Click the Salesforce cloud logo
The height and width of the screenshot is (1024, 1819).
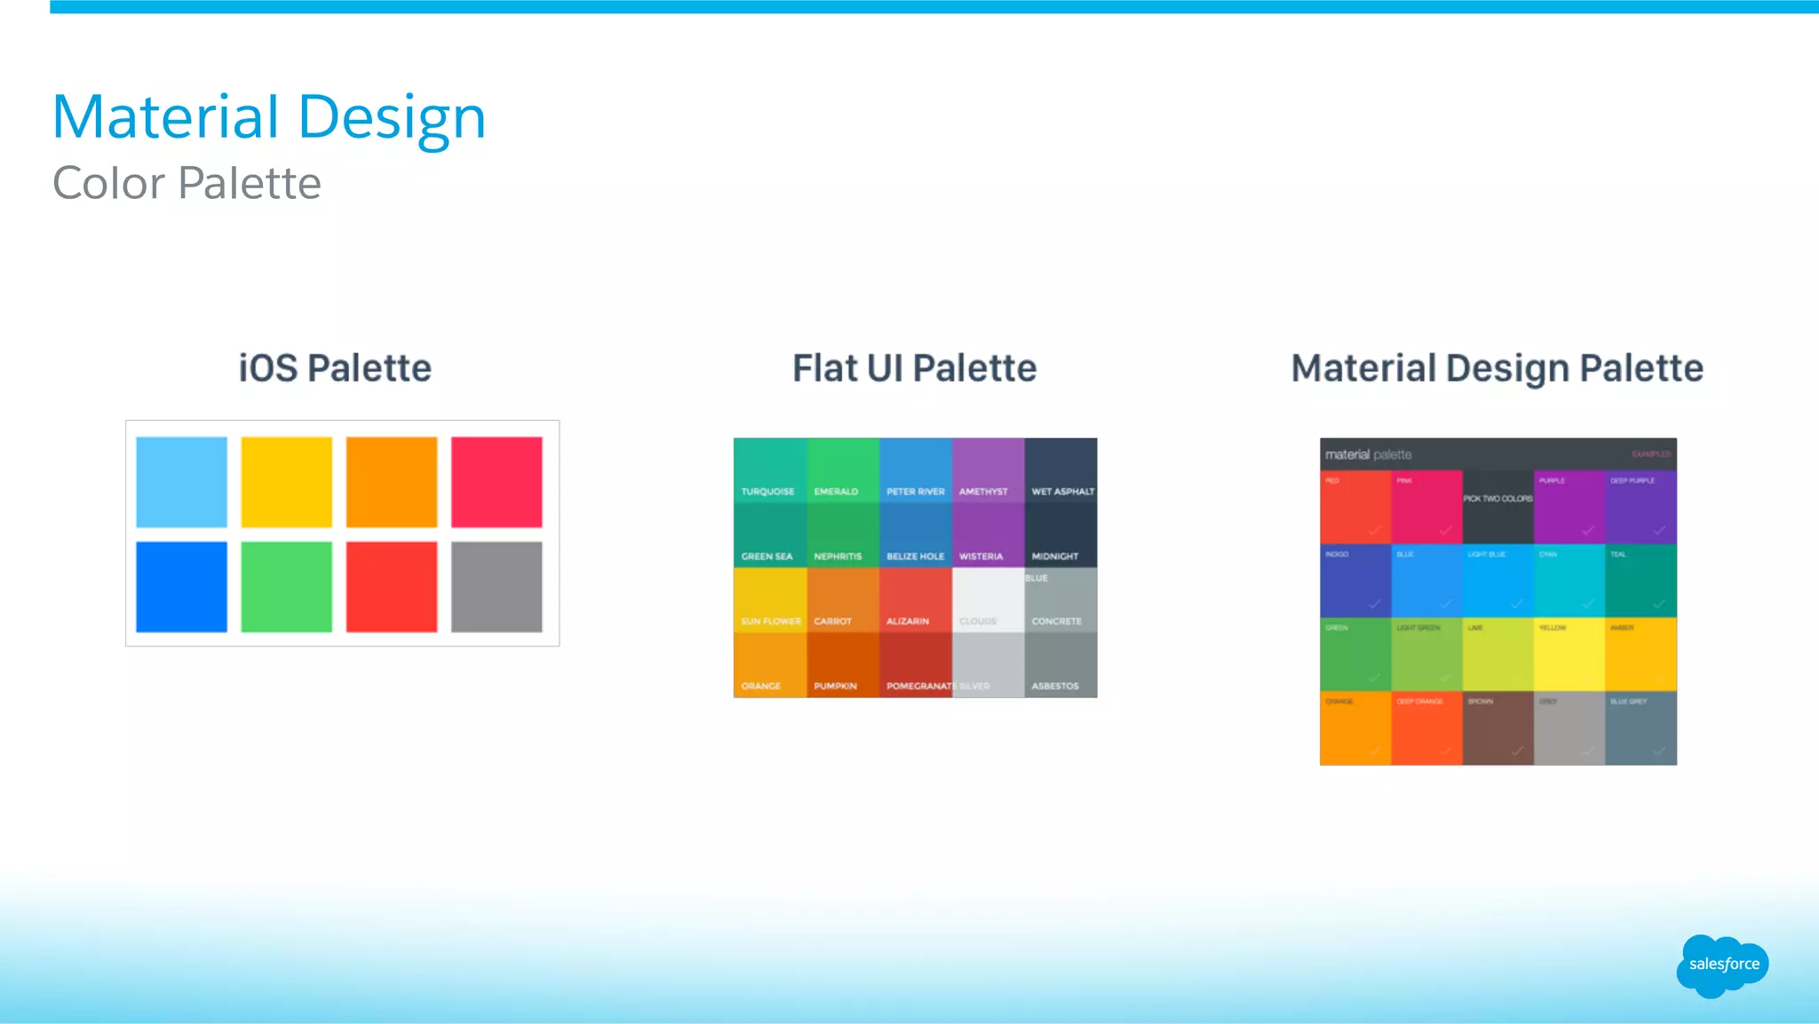click(1722, 964)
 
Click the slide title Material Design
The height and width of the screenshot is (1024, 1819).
click(269, 117)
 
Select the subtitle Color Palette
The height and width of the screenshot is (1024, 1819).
click(187, 183)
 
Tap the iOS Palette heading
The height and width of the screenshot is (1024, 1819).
click(335, 368)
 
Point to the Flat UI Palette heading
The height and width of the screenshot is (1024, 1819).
click(914, 368)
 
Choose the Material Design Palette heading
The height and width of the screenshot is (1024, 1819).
click(1497, 368)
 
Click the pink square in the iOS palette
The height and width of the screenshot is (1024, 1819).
click(496, 481)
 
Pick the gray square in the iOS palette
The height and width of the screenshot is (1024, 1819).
click(496, 587)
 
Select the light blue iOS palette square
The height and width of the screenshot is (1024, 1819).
click(181, 481)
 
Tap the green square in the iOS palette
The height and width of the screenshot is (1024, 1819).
click(286, 587)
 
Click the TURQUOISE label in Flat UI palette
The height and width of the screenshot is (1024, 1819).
click(767, 491)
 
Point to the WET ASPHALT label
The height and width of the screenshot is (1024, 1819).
click(1062, 491)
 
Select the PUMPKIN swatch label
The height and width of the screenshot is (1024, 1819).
click(835, 686)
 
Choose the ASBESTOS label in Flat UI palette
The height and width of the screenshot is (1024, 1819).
click(1055, 686)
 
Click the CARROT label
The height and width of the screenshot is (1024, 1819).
click(832, 621)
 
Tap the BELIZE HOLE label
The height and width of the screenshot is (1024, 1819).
click(915, 556)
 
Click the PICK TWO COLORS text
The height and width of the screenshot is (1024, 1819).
click(1497, 498)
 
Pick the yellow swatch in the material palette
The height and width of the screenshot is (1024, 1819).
click(1569, 655)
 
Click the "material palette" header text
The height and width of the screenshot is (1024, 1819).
click(1368, 455)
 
